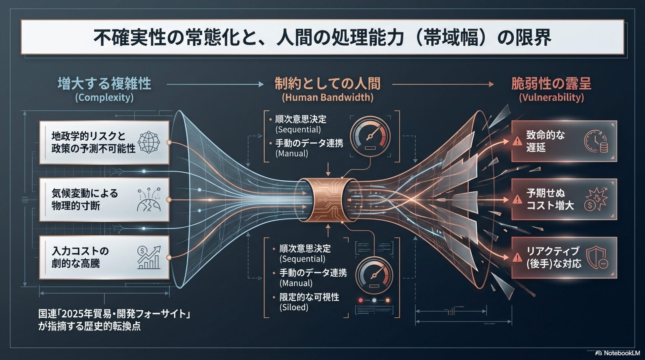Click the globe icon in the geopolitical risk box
pyautogui.click(x=149, y=142)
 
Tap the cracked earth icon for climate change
pyautogui.click(x=149, y=200)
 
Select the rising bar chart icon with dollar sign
pyautogui.click(x=149, y=258)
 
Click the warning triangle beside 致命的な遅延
pyautogui.click(x=517, y=142)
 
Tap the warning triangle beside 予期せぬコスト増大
pyautogui.click(x=517, y=199)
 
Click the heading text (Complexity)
pyautogui.click(x=104, y=98)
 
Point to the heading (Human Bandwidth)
pyautogui.click(x=328, y=98)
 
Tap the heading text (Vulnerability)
pyautogui.click(x=551, y=98)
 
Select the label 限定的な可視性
pyautogui.click(x=309, y=297)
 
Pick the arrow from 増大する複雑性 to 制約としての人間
pyautogui.click(x=215, y=84)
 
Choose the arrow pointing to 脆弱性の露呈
pyautogui.click(x=443, y=84)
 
